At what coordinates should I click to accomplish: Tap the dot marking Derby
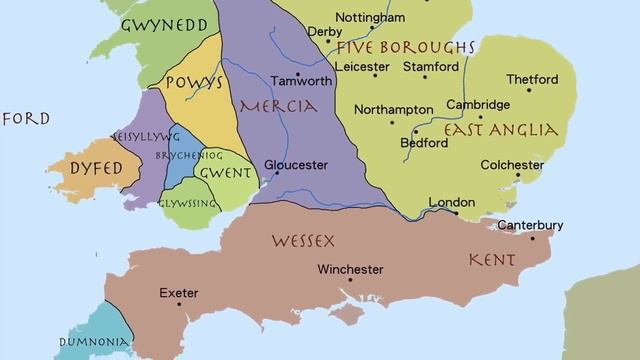pyautogui.click(x=328, y=42)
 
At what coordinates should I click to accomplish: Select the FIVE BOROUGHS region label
pyautogui.click(x=405, y=48)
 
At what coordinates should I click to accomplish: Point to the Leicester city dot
pyautogui.click(x=375, y=75)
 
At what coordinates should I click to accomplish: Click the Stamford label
pyautogui.click(x=430, y=67)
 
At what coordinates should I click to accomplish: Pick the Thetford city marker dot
pyautogui.click(x=529, y=90)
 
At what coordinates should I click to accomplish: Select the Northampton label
pyautogui.click(x=392, y=110)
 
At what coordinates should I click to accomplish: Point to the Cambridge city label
pyautogui.click(x=478, y=104)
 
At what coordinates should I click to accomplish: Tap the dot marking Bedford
pyautogui.click(x=416, y=131)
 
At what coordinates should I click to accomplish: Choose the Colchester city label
pyautogui.click(x=512, y=165)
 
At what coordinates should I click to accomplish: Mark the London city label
pyautogui.click(x=451, y=203)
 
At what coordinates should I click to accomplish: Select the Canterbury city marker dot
pyautogui.click(x=533, y=238)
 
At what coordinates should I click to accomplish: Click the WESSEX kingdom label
pyautogui.click(x=303, y=241)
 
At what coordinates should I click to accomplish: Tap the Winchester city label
pyautogui.click(x=350, y=269)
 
